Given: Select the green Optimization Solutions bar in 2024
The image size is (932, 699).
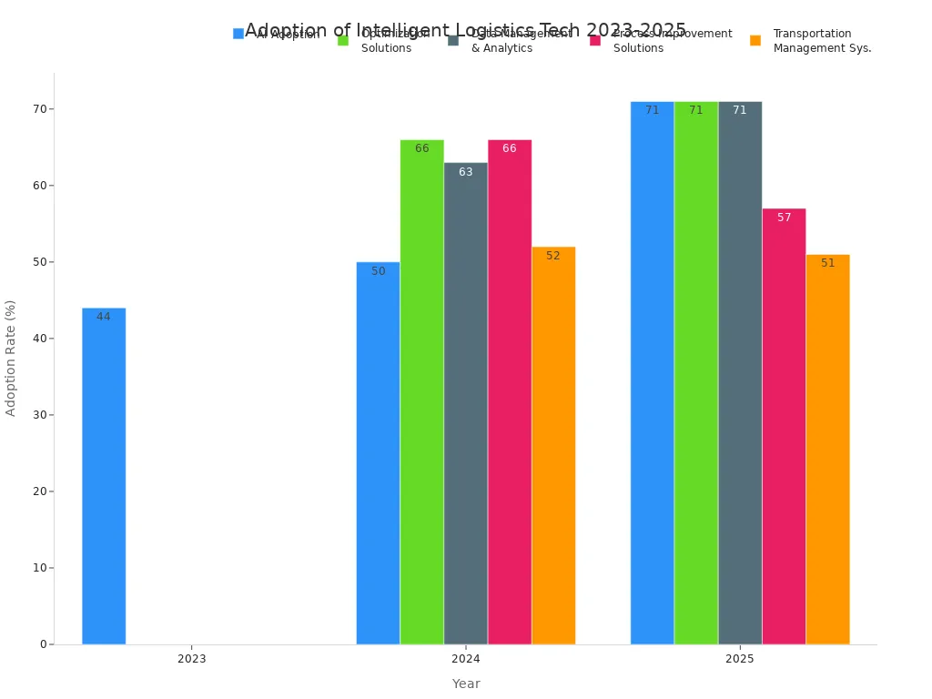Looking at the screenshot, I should pos(421,392).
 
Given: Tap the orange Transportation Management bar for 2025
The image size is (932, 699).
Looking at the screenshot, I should pos(827,450).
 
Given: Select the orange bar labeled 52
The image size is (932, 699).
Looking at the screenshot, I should pos(553,446).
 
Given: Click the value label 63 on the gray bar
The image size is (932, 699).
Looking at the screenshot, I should pos(465,172).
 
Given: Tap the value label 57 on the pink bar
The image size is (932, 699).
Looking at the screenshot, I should pos(784,218).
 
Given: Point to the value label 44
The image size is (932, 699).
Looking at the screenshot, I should pos(104,317).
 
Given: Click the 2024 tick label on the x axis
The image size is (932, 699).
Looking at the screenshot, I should pos(465,659).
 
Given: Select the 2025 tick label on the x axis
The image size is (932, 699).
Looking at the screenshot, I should pos(739,659).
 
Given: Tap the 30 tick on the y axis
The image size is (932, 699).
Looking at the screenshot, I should pos(40,415).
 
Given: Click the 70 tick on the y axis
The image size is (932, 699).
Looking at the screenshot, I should pos(40,109).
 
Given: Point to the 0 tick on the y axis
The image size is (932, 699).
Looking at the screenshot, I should pos(43,644).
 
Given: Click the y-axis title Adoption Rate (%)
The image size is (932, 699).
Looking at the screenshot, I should pos(11,358).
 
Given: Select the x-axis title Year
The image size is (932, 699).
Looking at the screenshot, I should pos(465,684).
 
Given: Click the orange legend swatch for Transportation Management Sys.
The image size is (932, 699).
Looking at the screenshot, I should pos(755,40).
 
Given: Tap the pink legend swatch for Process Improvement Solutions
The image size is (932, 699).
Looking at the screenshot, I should pos(594,40).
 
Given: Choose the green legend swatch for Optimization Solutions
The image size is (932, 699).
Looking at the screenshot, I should pos(343,40).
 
